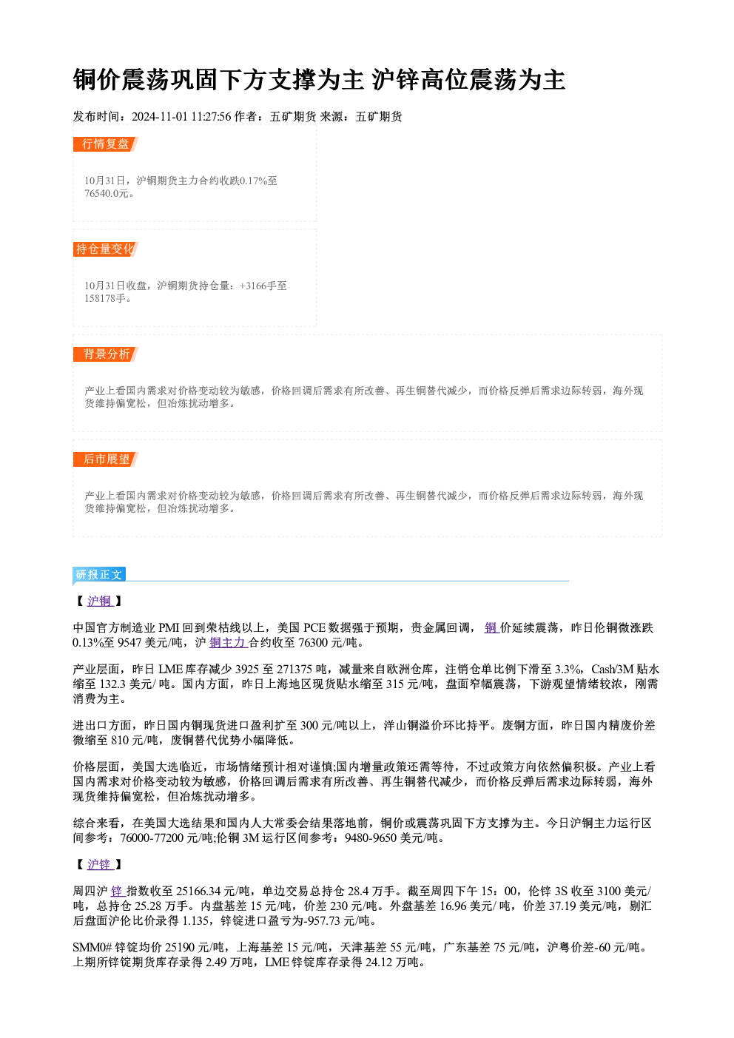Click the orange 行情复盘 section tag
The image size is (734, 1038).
(x=106, y=144)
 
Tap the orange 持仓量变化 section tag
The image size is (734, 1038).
(x=106, y=249)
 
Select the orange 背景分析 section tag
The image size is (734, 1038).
(x=106, y=354)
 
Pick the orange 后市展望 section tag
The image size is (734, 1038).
(x=106, y=459)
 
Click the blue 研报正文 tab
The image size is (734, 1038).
(x=99, y=575)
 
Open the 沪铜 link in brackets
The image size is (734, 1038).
(x=100, y=601)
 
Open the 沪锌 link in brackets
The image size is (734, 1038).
(x=100, y=865)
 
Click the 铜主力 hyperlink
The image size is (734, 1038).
(x=227, y=643)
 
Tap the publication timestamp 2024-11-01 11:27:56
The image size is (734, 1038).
(x=181, y=117)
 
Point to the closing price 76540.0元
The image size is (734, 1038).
(x=106, y=194)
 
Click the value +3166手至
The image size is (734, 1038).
(x=263, y=286)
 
